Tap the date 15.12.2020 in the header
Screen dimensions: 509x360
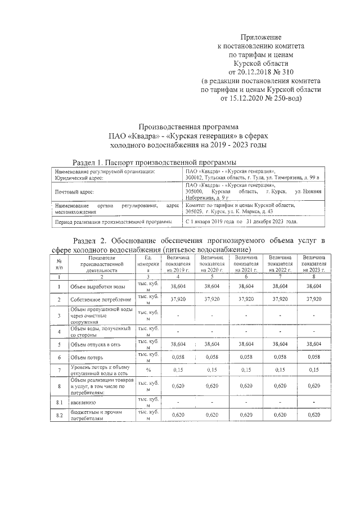tap(255, 98)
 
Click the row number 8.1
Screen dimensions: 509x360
tap(59, 403)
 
